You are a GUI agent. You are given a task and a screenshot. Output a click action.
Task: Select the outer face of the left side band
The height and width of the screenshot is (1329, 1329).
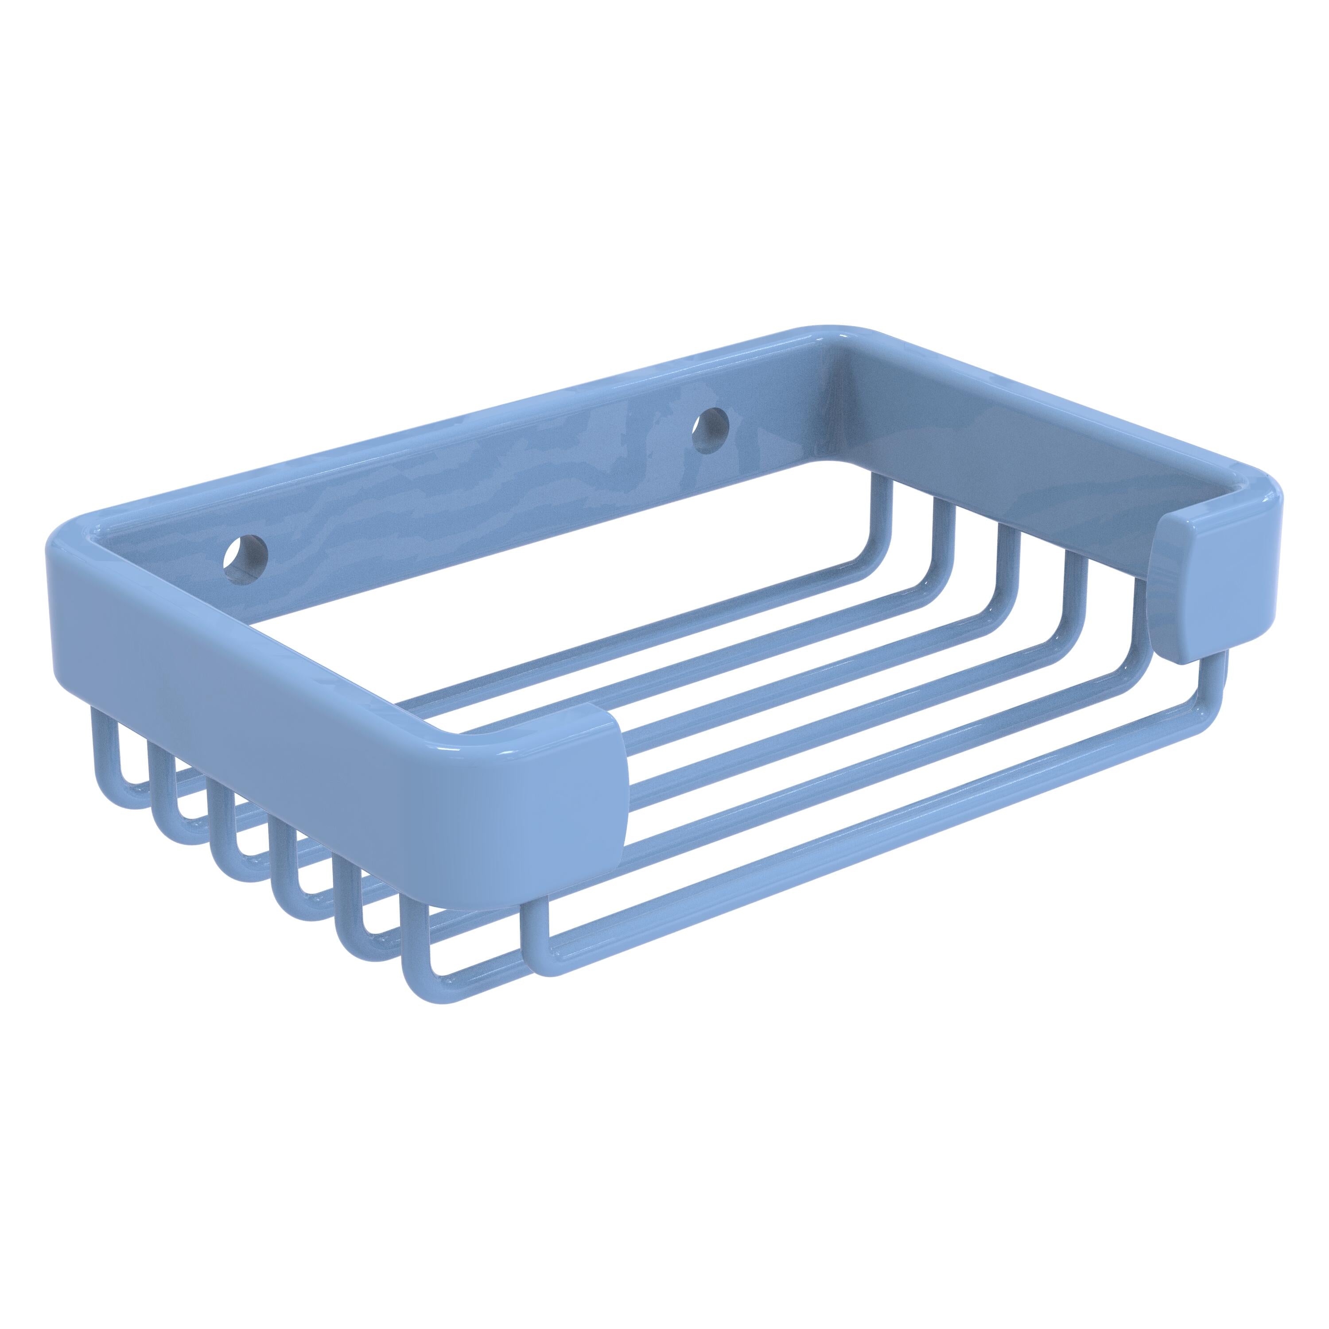point(275,681)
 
